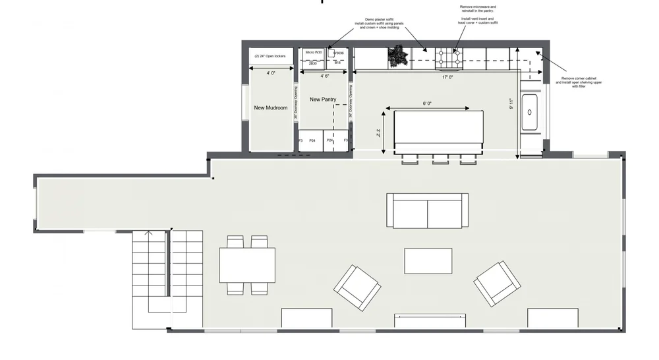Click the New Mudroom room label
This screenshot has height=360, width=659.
tap(271, 107)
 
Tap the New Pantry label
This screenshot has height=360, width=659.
tap(323, 100)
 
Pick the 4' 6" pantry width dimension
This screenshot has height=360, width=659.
tap(325, 76)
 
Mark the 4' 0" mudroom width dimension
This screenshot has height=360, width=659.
tap(271, 73)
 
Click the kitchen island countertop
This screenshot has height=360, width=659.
tap(438, 131)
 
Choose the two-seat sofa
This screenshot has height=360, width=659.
tap(427, 210)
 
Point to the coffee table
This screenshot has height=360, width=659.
tap(428, 260)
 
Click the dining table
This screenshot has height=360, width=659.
tap(247, 264)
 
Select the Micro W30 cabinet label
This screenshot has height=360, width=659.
tap(314, 52)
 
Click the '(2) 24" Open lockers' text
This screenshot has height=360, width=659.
tap(270, 56)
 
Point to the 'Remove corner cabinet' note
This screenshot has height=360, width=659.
tap(583, 81)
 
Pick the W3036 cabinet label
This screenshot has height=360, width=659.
tap(339, 53)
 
